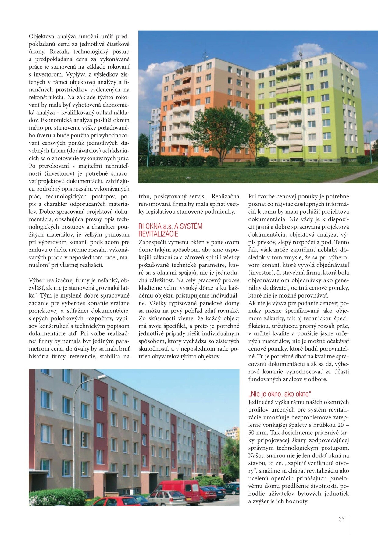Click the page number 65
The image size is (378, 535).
click(341, 519)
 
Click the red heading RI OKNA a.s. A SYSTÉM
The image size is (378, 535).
click(170, 226)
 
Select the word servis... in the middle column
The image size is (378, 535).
click(195, 196)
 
